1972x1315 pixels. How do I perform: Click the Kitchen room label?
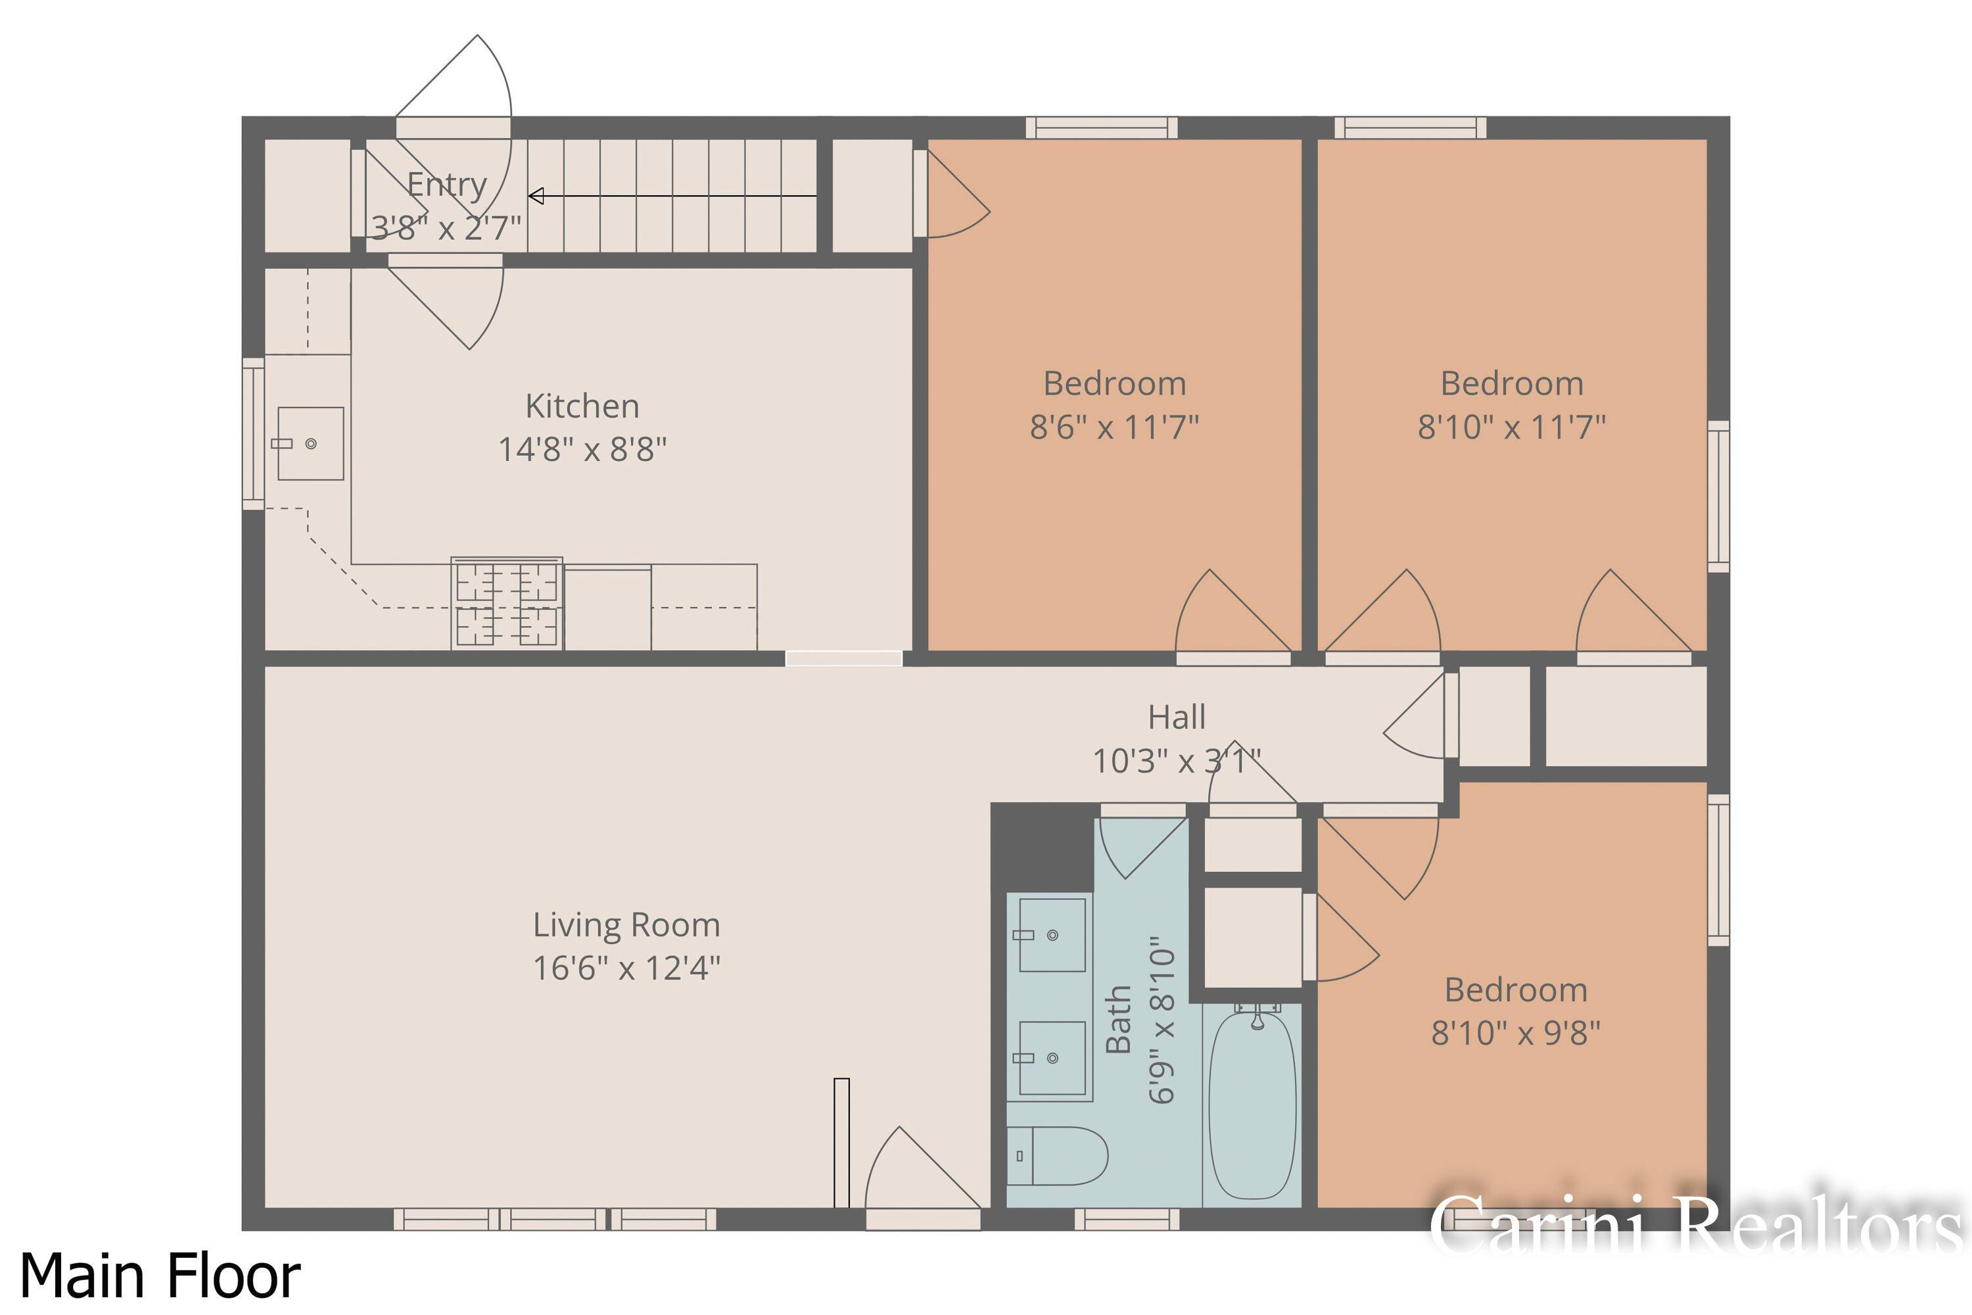(x=582, y=406)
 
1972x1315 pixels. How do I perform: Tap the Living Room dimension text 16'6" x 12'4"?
(x=626, y=968)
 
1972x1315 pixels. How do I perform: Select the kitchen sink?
(x=310, y=444)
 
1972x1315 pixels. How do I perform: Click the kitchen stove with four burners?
(x=506, y=604)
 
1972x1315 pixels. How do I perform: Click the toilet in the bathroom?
(x=1056, y=1156)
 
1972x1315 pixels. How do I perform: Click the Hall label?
(x=1177, y=717)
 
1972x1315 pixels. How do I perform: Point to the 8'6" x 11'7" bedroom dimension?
(x=1114, y=427)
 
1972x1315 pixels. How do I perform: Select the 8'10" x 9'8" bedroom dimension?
(x=1515, y=1032)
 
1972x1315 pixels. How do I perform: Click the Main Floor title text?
(x=159, y=1276)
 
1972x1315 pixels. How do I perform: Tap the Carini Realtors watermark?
(x=1694, y=1226)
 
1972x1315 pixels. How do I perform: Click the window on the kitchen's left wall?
(x=253, y=433)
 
